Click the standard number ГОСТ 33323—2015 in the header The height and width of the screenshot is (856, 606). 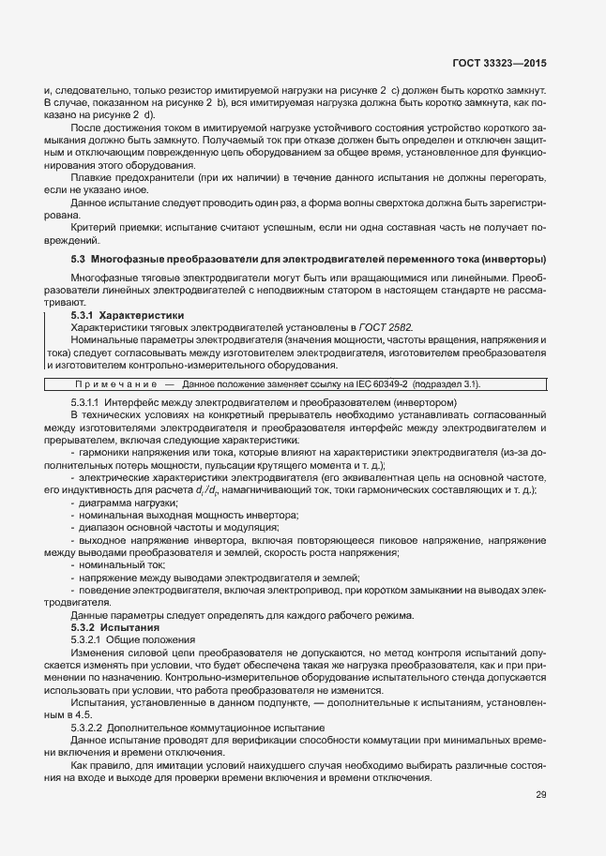(501, 64)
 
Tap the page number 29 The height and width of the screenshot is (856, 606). (540, 795)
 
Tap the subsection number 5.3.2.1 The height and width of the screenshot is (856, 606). (87, 639)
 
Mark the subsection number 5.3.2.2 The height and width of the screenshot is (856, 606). (87, 728)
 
